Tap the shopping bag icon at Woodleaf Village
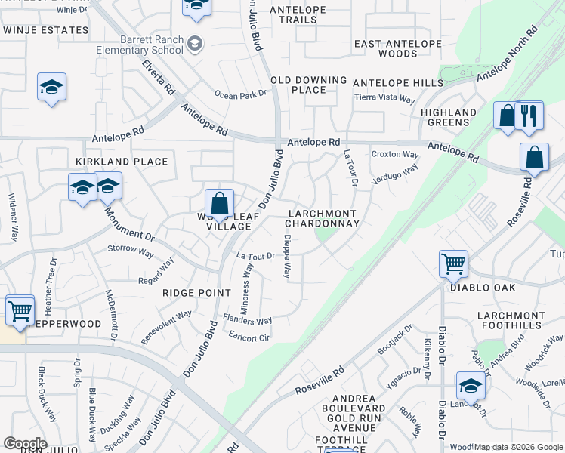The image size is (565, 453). [219, 204]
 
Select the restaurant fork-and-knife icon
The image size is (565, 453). [529, 116]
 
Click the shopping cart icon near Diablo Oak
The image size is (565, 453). [453, 264]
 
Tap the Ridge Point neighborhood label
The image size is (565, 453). [196, 292]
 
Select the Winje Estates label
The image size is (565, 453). [45, 30]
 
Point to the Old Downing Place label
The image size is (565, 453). [309, 85]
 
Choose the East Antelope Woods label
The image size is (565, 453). [385, 49]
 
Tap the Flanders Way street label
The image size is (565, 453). [247, 320]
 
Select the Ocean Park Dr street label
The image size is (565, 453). [241, 94]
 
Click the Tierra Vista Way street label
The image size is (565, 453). [385, 99]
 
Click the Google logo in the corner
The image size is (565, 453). [25, 443]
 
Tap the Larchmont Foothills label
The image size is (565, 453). [511, 321]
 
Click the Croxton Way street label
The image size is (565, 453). [394, 155]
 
